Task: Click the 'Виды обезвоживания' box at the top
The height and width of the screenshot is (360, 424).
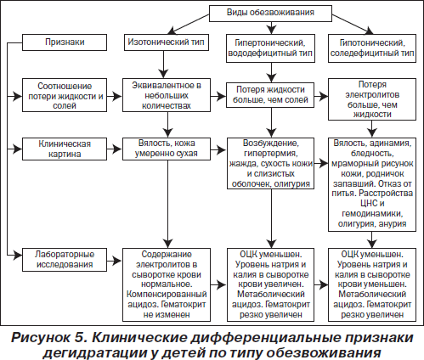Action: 270,14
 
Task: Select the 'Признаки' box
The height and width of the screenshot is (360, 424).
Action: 65,42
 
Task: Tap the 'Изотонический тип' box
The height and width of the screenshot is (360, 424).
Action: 167,42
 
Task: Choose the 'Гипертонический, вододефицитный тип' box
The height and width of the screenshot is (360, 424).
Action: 270,48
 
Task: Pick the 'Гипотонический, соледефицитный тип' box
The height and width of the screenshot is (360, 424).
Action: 372,48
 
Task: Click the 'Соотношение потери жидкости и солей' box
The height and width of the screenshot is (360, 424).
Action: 65,95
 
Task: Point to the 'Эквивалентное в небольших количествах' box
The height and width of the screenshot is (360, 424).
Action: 167,95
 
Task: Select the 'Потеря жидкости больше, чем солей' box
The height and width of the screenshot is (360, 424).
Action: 270,95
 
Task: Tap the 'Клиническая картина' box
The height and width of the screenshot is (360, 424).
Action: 65,149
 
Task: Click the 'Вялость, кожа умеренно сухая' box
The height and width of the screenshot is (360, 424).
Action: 167,149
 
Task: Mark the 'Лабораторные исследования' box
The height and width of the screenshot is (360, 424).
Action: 65,260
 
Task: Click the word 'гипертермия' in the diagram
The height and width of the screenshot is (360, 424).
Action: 270,154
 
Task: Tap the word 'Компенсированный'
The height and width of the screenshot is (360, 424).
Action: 167,295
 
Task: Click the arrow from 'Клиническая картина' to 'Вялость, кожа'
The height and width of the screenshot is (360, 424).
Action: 115,149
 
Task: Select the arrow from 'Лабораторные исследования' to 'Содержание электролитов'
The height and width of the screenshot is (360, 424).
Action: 115,261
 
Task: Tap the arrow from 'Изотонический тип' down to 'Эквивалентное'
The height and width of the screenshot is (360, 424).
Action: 163,65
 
